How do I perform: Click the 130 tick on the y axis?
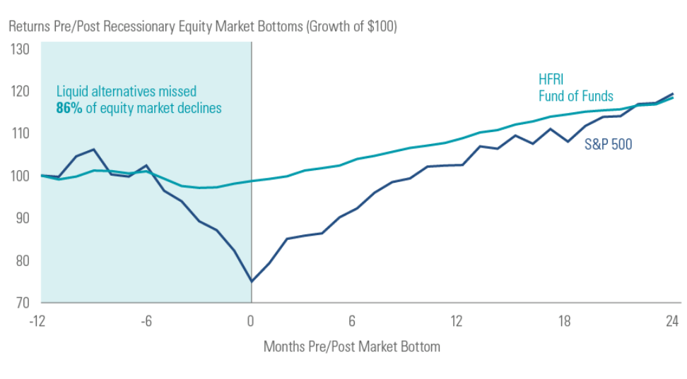pos(19,49)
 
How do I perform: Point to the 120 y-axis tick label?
pos(19,92)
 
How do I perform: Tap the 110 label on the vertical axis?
pos(19,133)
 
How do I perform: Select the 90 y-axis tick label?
pos(21,218)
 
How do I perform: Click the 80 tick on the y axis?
pos(21,260)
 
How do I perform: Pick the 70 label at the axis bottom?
pos(21,303)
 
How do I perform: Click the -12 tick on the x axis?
pos(38,321)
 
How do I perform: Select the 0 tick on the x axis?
pos(250,321)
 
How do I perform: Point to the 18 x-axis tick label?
pos(563,321)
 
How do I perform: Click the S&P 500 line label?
pos(608,145)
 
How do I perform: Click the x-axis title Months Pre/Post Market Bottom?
pos(351,347)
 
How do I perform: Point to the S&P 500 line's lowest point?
pos(251,282)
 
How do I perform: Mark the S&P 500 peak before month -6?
pos(93,150)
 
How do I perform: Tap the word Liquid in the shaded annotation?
pos(72,91)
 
